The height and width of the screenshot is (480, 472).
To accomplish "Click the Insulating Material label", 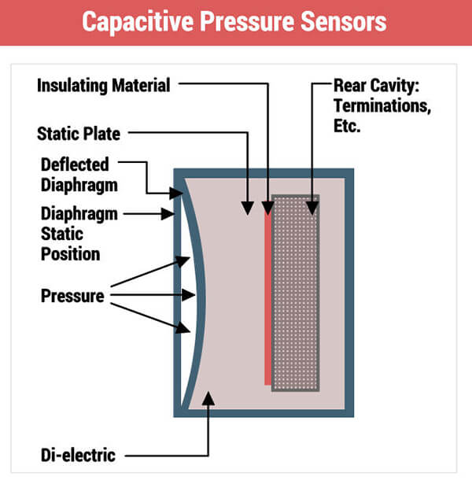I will (103, 85).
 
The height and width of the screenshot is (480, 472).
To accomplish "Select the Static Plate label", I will (79, 133).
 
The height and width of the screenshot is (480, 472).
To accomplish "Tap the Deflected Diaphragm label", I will (75, 175).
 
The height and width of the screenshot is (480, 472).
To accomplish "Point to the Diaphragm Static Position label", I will (71, 233).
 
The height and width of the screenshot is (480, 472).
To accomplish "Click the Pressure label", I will (72, 296).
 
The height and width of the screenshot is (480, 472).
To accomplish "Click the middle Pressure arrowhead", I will (188, 295).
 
